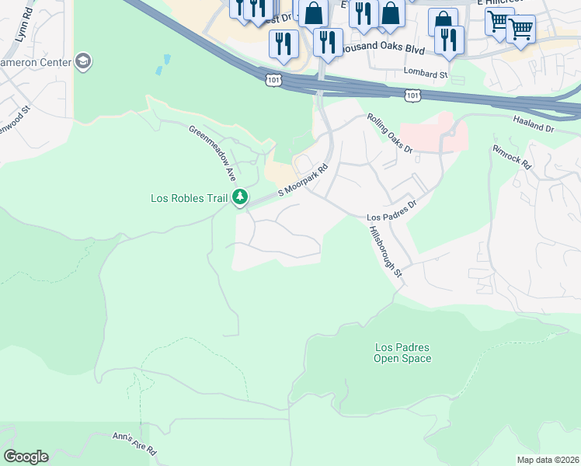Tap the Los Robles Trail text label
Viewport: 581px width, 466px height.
[189, 198]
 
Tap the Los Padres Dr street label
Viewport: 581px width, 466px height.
[391, 210]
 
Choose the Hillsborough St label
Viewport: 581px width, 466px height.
[386, 252]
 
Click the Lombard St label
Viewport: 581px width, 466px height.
[426, 75]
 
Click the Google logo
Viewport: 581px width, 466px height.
[25, 457]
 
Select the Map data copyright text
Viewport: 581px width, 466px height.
[548, 460]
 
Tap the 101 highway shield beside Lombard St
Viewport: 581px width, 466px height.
[413, 95]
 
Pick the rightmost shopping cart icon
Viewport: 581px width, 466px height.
[520, 30]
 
